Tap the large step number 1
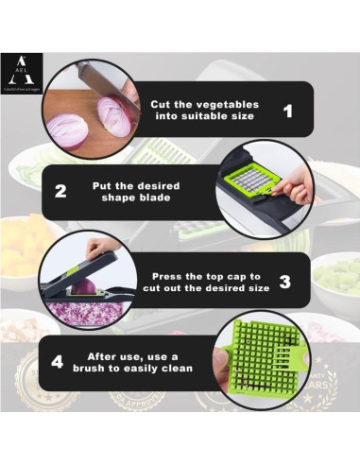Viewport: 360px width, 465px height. click(288, 112)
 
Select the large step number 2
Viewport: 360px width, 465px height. click(61, 190)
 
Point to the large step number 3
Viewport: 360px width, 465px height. click(284, 281)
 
